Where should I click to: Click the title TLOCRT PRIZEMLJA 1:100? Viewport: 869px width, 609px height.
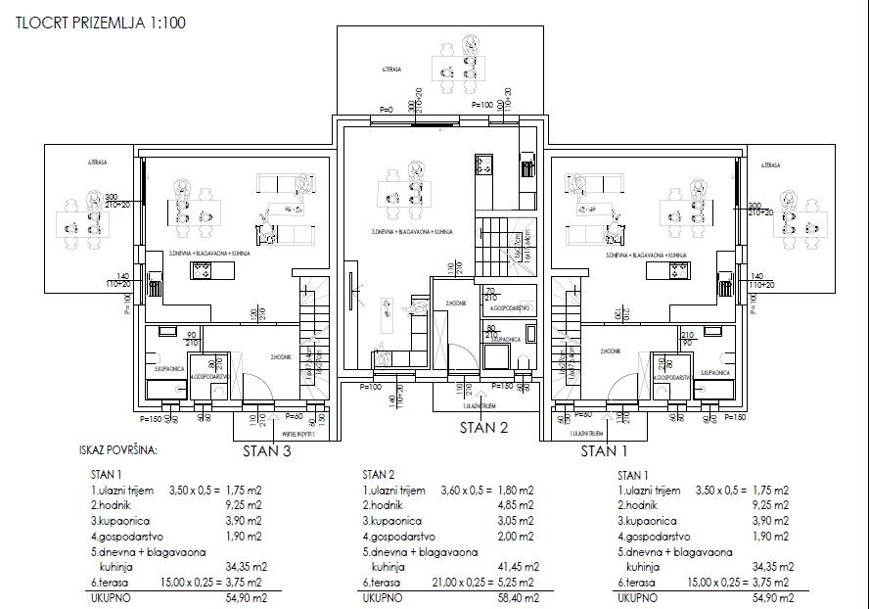[101, 20]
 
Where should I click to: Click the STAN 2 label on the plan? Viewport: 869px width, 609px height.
[485, 427]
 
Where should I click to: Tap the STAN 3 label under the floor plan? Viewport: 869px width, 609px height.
[268, 451]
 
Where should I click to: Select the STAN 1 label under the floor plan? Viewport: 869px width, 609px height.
[607, 451]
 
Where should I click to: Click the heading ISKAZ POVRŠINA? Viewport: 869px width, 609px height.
[117, 451]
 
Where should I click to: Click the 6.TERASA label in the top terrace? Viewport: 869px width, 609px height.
[393, 70]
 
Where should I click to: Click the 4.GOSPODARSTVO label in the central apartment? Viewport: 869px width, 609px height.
[511, 307]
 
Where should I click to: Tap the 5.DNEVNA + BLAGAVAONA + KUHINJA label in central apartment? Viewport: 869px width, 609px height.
[411, 232]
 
